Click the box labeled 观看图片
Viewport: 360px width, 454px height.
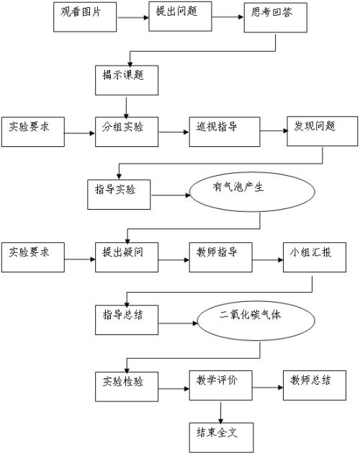tap(85, 17)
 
